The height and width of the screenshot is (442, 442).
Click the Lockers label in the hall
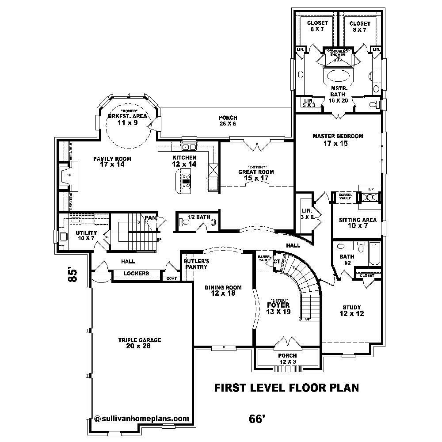point(136,274)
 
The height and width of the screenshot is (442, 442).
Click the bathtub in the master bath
point(339,76)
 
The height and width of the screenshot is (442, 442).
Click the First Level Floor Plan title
point(286,388)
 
